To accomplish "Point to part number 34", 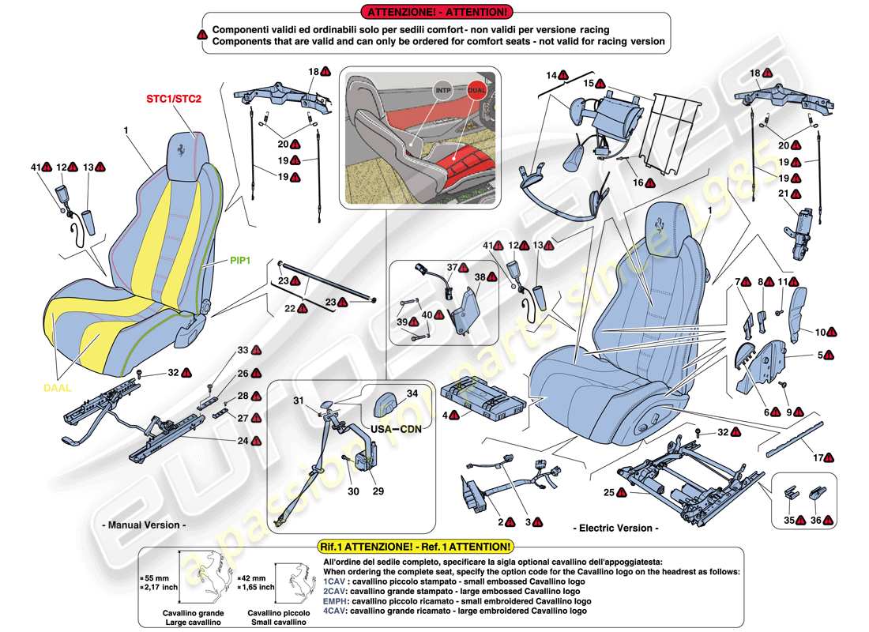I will tap(412, 393).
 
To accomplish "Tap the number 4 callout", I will tap(446, 414).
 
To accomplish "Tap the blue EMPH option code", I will tap(335, 600).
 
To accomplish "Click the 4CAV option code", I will tap(335, 611).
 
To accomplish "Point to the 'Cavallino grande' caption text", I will tap(194, 613).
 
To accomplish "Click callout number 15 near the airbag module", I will tap(588, 83).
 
